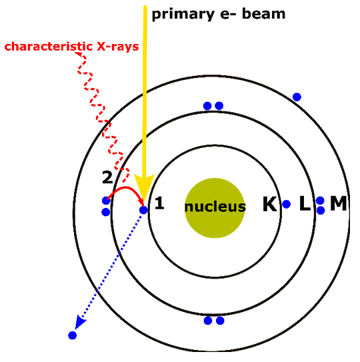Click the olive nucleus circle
click(215, 208)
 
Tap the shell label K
click(270, 204)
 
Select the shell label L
click(305, 203)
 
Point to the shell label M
click(338, 203)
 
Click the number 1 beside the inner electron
click(159, 203)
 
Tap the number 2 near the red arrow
click(107, 177)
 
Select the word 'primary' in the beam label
click(183, 15)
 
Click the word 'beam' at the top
click(263, 13)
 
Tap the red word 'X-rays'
click(118, 47)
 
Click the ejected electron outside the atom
click(72, 335)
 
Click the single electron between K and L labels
click(286, 204)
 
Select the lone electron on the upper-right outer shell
click(297, 97)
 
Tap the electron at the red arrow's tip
click(143, 210)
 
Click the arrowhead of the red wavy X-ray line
click(79, 54)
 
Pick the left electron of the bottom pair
click(208, 321)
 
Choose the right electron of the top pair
click(219, 106)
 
